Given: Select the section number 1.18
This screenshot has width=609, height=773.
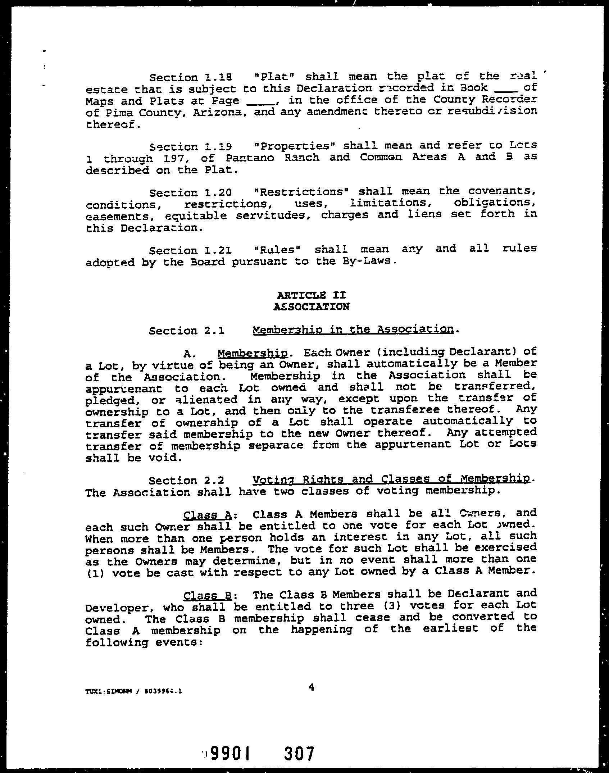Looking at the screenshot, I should (x=219, y=77).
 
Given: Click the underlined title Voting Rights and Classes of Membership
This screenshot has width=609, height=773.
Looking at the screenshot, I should (x=391, y=479).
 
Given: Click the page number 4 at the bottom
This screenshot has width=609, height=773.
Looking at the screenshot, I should (x=312, y=687).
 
